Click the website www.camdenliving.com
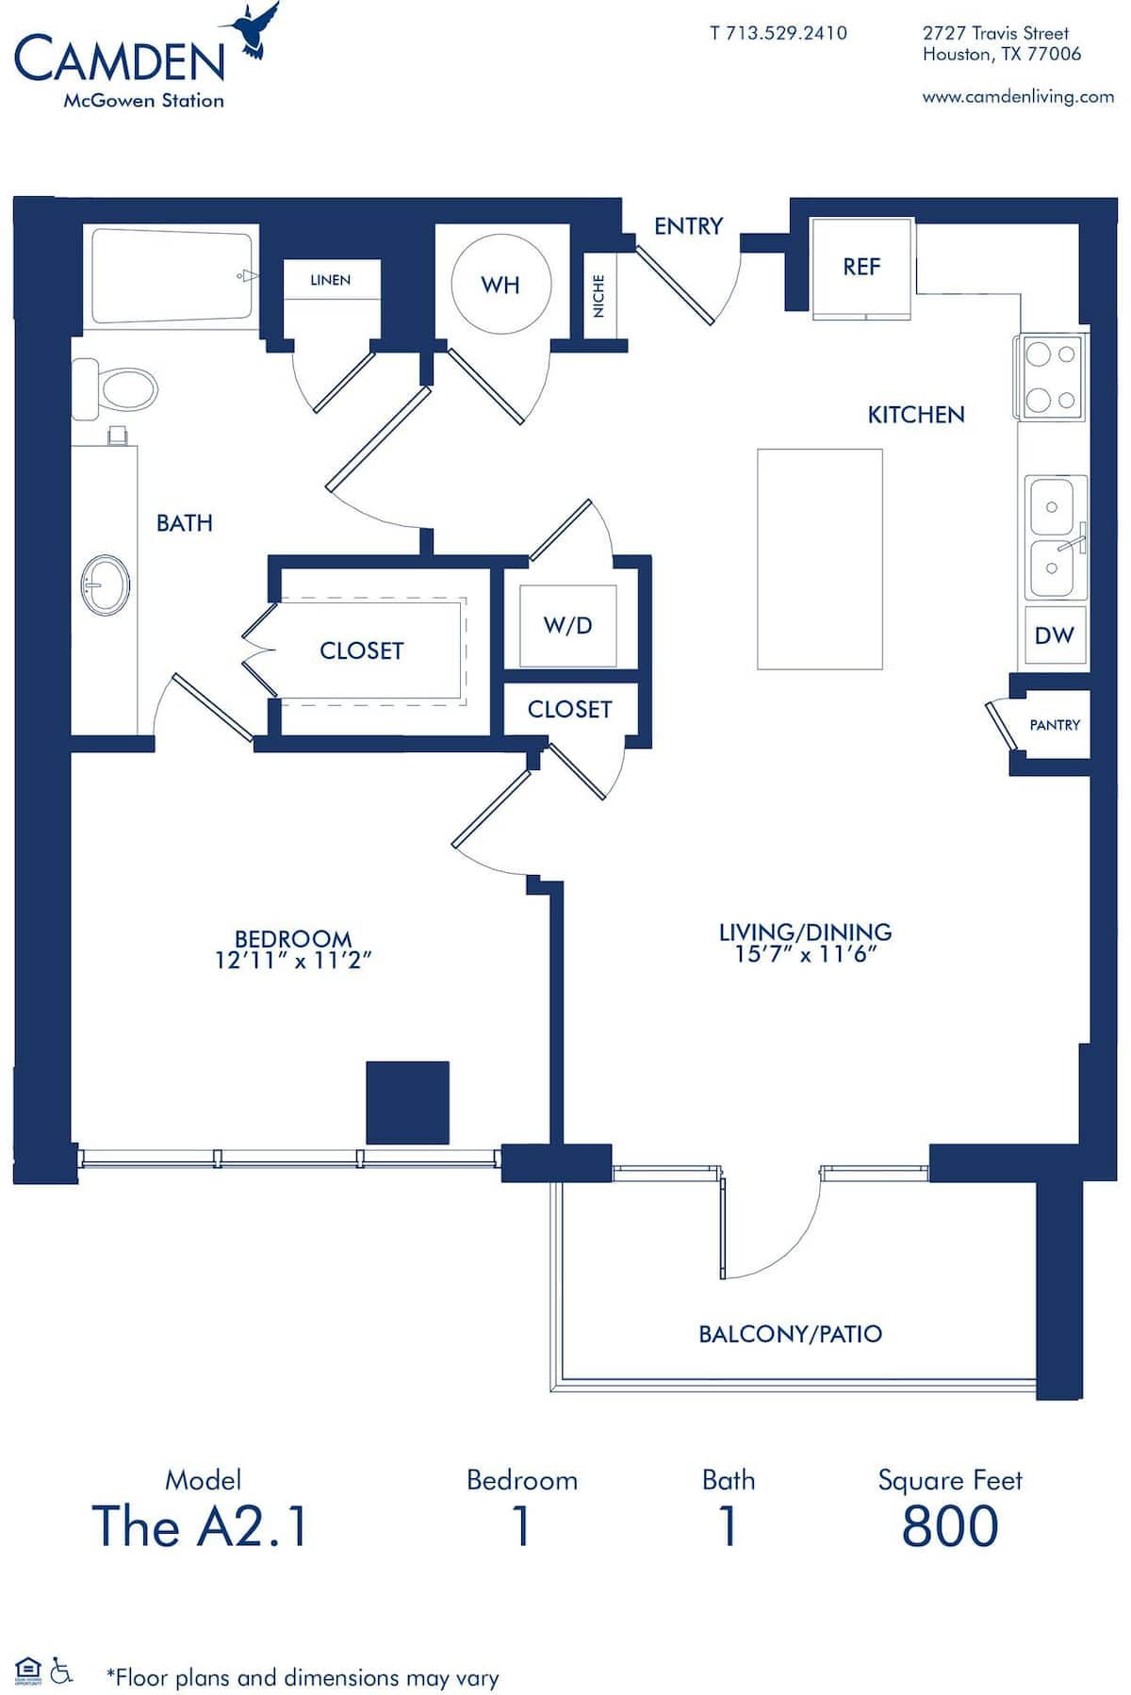pyautogui.click(x=1018, y=96)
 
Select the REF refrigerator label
pyautogui.click(x=861, y=267)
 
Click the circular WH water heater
pyautogui.click(x=500, y=284)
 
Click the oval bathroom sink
pyautogui.click(x=105, y=585)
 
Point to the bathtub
pyautogui.click(x=172, y=276)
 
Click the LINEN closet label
pyautogui.click(x=330, y=280)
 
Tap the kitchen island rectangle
pyautogui.click(x=819, y=559)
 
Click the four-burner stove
pyautogui.click(x=1050, y=377)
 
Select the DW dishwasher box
pyautogui.click(x=1054, y=635)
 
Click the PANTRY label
pyautogui.click(x=1054, y=725)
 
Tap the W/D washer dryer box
pyautogui.click(x=567, y=625)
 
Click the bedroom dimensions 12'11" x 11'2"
pyautogui.click(x=293, y=961)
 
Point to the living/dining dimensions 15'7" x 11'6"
pyautogui.click(x=806, y=954)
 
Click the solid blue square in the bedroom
pyautogui.click(x=407, y=1102)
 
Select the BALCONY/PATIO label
pyautogui.click(x=790, y=1334)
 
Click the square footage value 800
pyautogui.click(x=949, y=1526)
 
